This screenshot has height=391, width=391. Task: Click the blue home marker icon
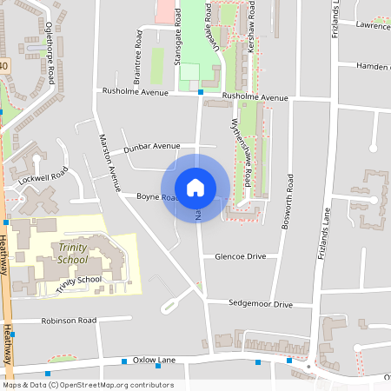[x=195, y=187]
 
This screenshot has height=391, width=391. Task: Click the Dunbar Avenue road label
[x=153, y=147]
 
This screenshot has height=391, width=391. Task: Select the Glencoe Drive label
[x=240, y=257]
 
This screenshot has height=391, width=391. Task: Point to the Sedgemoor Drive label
[x=260, y=305]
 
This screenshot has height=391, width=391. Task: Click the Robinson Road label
[x=68, y=321]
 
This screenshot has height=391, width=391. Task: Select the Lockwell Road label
[x=42, y=177]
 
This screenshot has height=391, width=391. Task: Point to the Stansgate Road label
[x=177, y=37]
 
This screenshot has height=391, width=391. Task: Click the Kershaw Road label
[x=250, y=29]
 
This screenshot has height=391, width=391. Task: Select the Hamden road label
[x=372, y=66]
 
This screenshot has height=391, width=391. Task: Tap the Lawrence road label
[x=372, y=26]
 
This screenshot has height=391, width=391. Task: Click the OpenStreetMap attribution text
[x=88, y=385]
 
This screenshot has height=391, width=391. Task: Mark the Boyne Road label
[x=156, y=197]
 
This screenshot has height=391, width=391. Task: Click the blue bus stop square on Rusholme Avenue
[x=201, y=91]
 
